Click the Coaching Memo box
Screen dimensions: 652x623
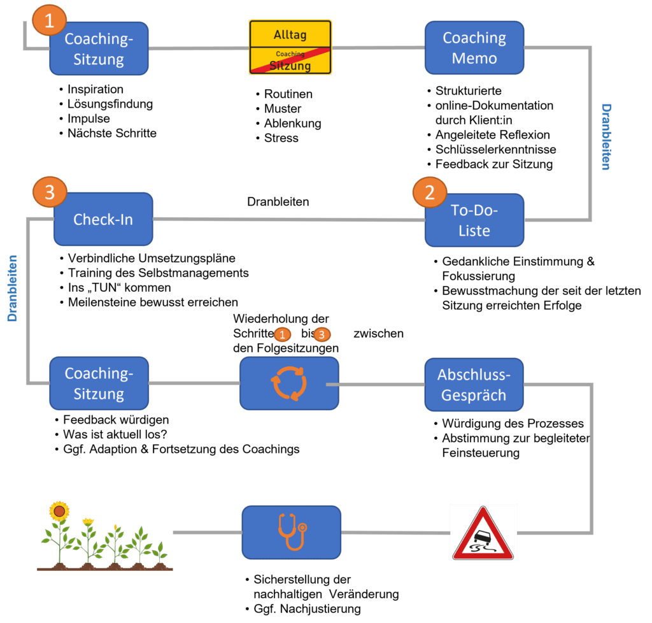(x=474, y=48)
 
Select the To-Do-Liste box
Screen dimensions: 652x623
(x=474, y=220)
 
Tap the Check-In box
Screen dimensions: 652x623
(x=103, y=219)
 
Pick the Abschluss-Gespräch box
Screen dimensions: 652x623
(x=474, y=385)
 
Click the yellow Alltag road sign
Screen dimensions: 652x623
(x=290, y=47)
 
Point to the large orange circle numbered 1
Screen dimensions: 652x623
(x=50, y=20)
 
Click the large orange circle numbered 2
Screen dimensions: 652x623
(x=430, y=192)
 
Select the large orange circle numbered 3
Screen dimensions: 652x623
(x=50, y=192)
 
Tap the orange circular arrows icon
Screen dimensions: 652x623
(x=289, y=383)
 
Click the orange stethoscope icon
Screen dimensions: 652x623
(x=292, y=532)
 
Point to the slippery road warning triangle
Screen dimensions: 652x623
(x=483, y=534)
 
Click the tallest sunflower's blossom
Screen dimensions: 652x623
(x=59, y=511)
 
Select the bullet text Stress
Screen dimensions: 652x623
(x=281, y=138)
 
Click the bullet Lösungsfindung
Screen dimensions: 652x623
(x=110, y=104)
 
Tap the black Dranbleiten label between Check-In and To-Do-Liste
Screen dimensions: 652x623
(x=278, y=202)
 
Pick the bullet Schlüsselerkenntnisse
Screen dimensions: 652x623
(x=495, y=149)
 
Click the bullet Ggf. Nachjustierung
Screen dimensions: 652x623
(x=308, y=609)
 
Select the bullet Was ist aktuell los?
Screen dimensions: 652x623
(x=115, y=434)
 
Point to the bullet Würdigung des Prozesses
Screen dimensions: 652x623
(x=513, y=424)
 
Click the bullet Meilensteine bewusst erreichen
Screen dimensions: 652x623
(x=153, y=303)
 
